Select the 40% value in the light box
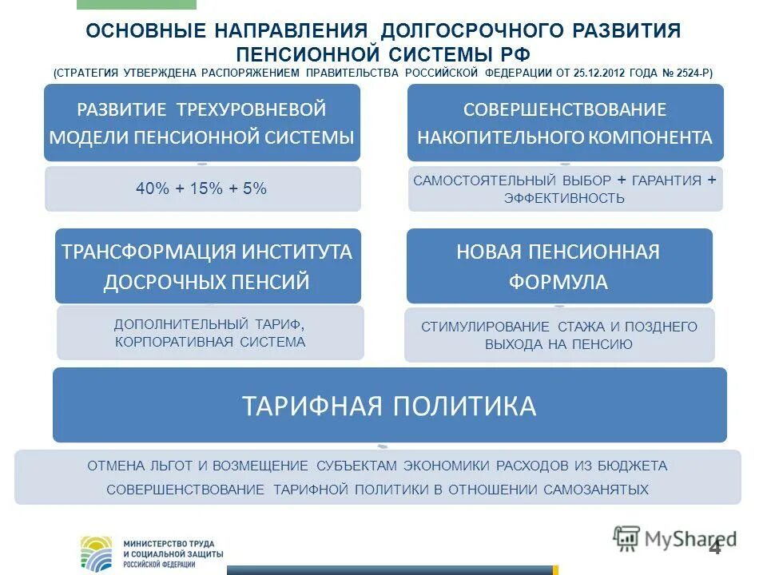149,189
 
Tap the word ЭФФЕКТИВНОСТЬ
564,198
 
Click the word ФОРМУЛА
558,282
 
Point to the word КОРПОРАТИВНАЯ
165,342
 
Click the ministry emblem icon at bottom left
97,552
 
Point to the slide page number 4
714,547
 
